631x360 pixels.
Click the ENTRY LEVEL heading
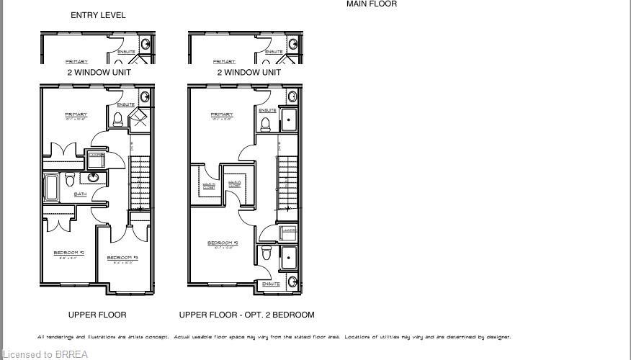tap(98, 15)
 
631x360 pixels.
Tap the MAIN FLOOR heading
tap(371, 4)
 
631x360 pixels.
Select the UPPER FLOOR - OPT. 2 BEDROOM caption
tap(246, 315)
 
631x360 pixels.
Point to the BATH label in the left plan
tap(80, 194)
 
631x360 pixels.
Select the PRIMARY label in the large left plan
tap(76, 114)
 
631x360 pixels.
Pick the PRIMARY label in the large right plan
tap(222, 114)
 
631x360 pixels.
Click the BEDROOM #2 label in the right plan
tap(222, 243)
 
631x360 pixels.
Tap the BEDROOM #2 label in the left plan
tap(69, 253)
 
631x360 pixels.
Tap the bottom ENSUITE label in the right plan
tap(271, 284)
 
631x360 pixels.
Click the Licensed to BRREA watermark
tap(44, 354)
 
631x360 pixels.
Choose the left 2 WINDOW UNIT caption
tap(98, 73)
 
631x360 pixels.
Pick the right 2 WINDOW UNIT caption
tap(249, 73)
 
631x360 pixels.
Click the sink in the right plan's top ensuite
tap(293, 96)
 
